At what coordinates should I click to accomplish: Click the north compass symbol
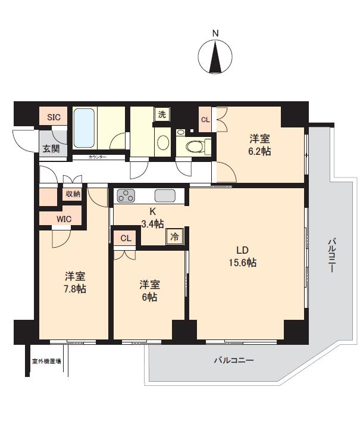point(216,55)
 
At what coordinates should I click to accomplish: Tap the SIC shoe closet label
point(54,117)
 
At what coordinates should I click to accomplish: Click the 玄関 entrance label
point(51,148)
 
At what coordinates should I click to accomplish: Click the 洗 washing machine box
point(162,114)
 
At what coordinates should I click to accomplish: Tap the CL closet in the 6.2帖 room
point(205,120)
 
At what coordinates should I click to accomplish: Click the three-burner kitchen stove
point(127,195)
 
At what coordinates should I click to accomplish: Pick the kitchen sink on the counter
point(165,195)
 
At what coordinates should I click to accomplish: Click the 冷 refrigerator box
point(175,236)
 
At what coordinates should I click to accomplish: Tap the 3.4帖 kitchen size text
point(153,224)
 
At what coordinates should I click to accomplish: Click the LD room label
point(243,250)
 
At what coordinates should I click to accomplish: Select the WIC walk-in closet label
point(64,219)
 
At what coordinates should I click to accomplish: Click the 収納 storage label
point(73,194)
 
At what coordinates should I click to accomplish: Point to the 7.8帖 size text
point(75,289)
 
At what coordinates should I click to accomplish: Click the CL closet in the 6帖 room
point(126,238)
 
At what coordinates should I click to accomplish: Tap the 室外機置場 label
point(47,361)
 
